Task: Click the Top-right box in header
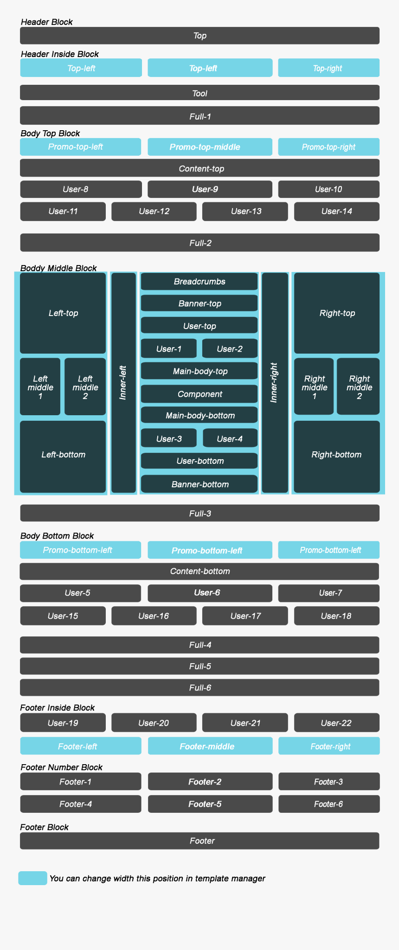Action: pyautogui.click(x=328, y=68)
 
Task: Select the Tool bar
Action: pyautogui.click(x=199, y=93)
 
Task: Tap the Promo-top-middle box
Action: pyautogui.click(x=210, y=147)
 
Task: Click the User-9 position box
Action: pyautogui.click(x=210, y=189)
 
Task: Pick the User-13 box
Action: pyautogui.click(x=245, y=211)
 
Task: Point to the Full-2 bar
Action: pyautogui.click(x=199, y=243)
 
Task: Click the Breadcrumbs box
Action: pyautogui.click(x=199, y=281)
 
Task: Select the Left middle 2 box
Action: pyautogui.click(x=85, y=386)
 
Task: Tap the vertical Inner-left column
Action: pyautogui.click(x=123, y=382)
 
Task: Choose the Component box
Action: pyautogui.click(x=199, y=394)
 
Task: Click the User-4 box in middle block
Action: pyautogui.click(x=230, y=438)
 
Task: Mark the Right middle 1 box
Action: pyautogui.click(x=314, y=386)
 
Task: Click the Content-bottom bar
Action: pyautogui.click(x=199, y=571)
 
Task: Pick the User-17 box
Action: pyautogui.click(x=245, y=616)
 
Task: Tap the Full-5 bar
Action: pyautogui.click(x=199, y=666)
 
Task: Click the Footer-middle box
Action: pyautogui.click(x=210, y=746)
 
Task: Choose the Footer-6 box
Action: pyautogui.click(x=328, y=804)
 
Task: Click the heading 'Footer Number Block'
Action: pyautogui.click(x=61, y=767)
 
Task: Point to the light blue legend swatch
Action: pyautogui.click(x=32, y=878)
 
